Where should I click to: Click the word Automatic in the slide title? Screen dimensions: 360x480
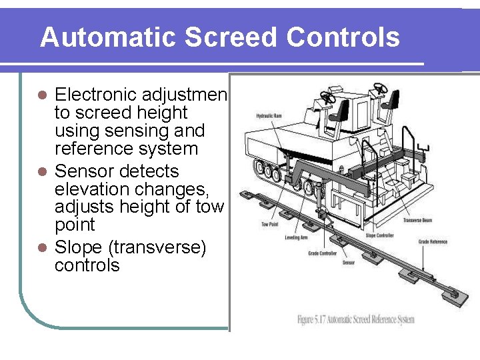[109, 37]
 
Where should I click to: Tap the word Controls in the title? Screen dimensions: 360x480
[343, 37]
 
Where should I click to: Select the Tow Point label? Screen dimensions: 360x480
[270, 224]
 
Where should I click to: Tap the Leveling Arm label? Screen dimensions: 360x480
[296, 238]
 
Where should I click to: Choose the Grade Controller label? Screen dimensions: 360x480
[322, 253]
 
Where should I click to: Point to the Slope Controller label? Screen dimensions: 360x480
[379, 235]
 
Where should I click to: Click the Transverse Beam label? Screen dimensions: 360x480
[419, 220]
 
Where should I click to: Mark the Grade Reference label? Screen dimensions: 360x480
[433, 241]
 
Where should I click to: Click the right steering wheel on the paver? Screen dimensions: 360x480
[381, 88]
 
